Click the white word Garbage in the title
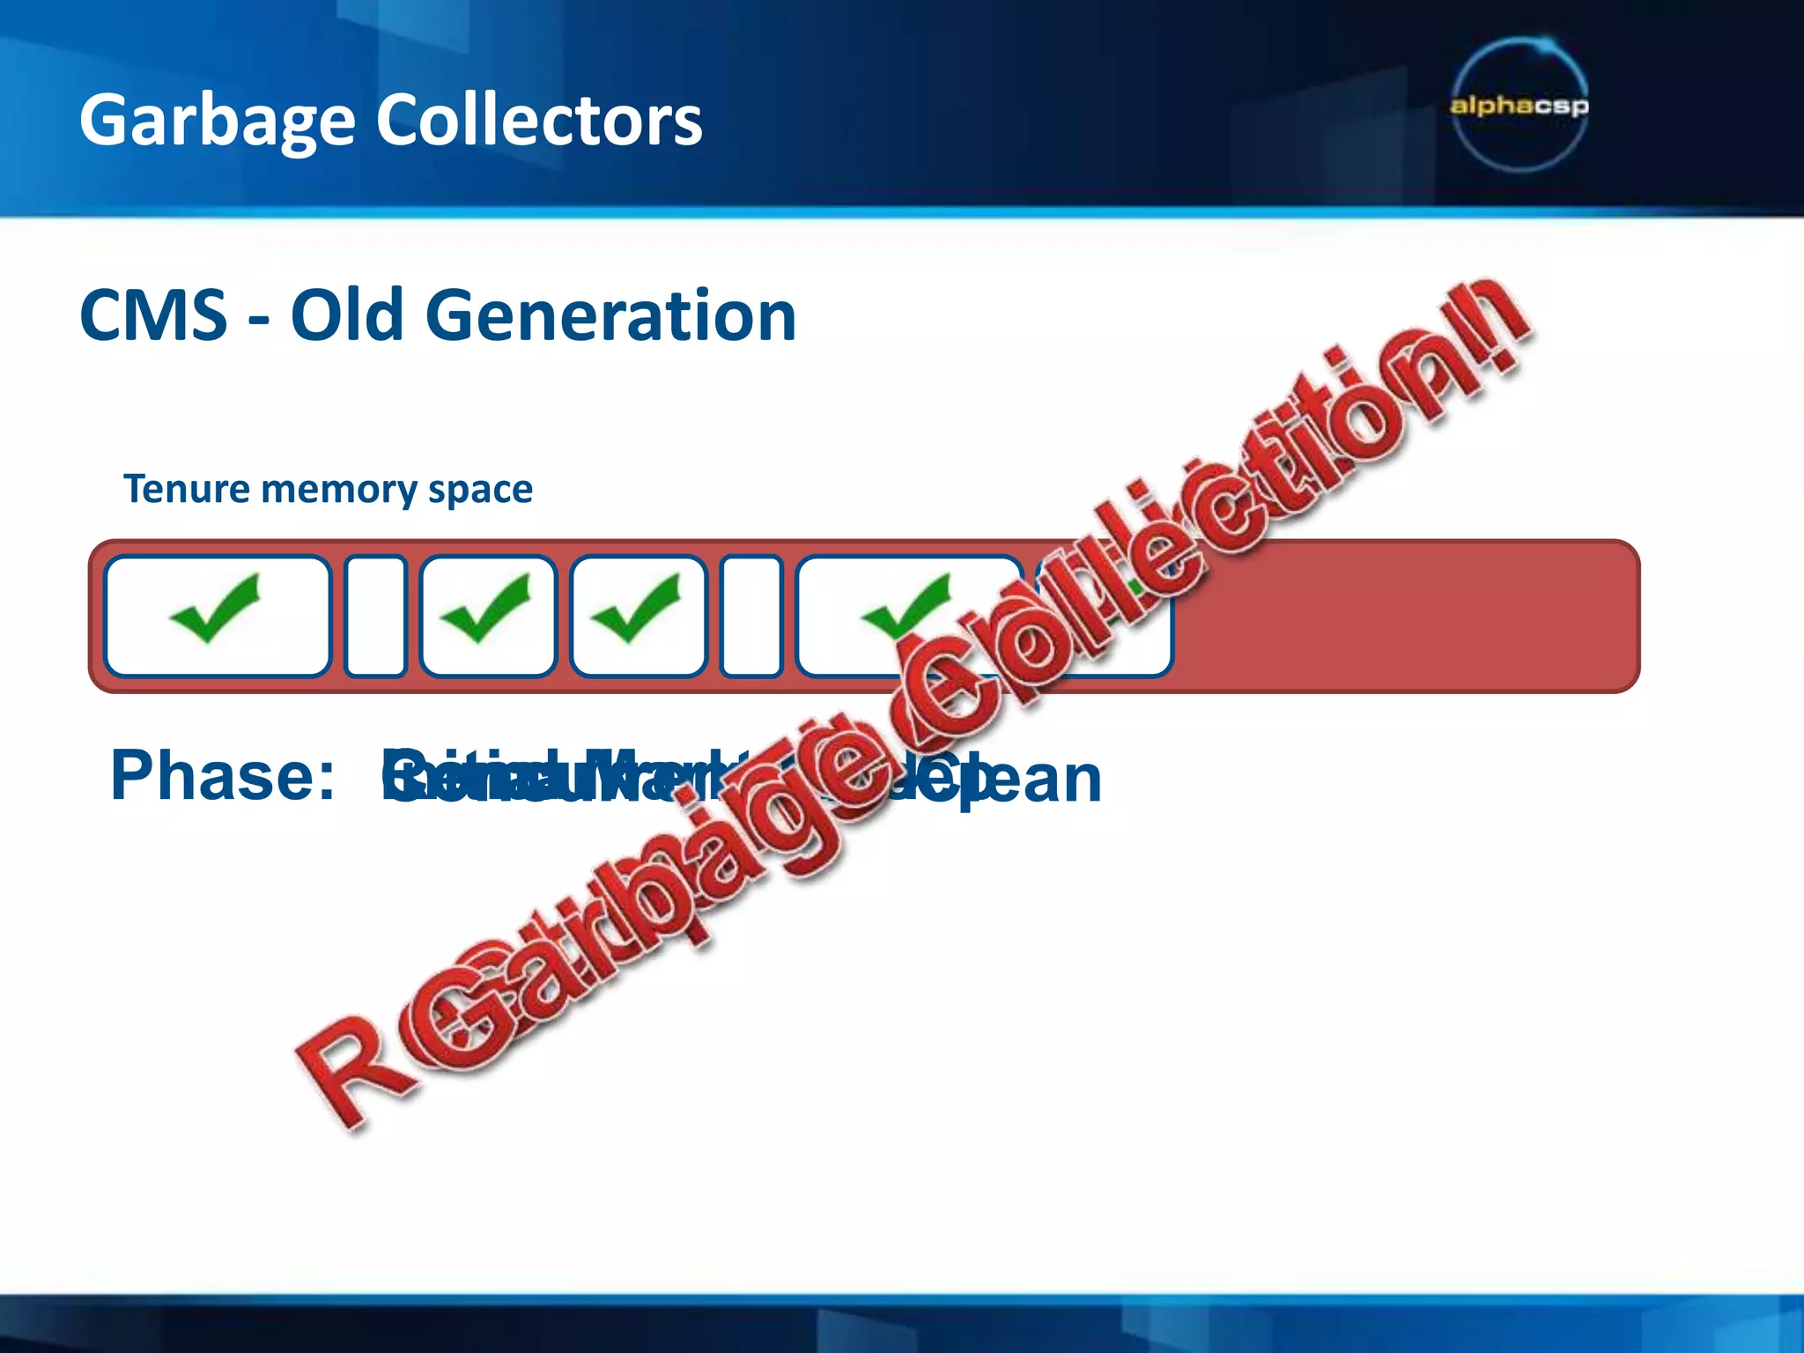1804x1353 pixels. pyautogui.click(x=217, y=121)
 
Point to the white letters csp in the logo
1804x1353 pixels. pyautogui.click(x=1560, y=106)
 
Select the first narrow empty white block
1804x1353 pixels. pyautogui.click(x=375, y=616)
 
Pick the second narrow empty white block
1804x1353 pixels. pyautogui.click(x=750, y=616)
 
